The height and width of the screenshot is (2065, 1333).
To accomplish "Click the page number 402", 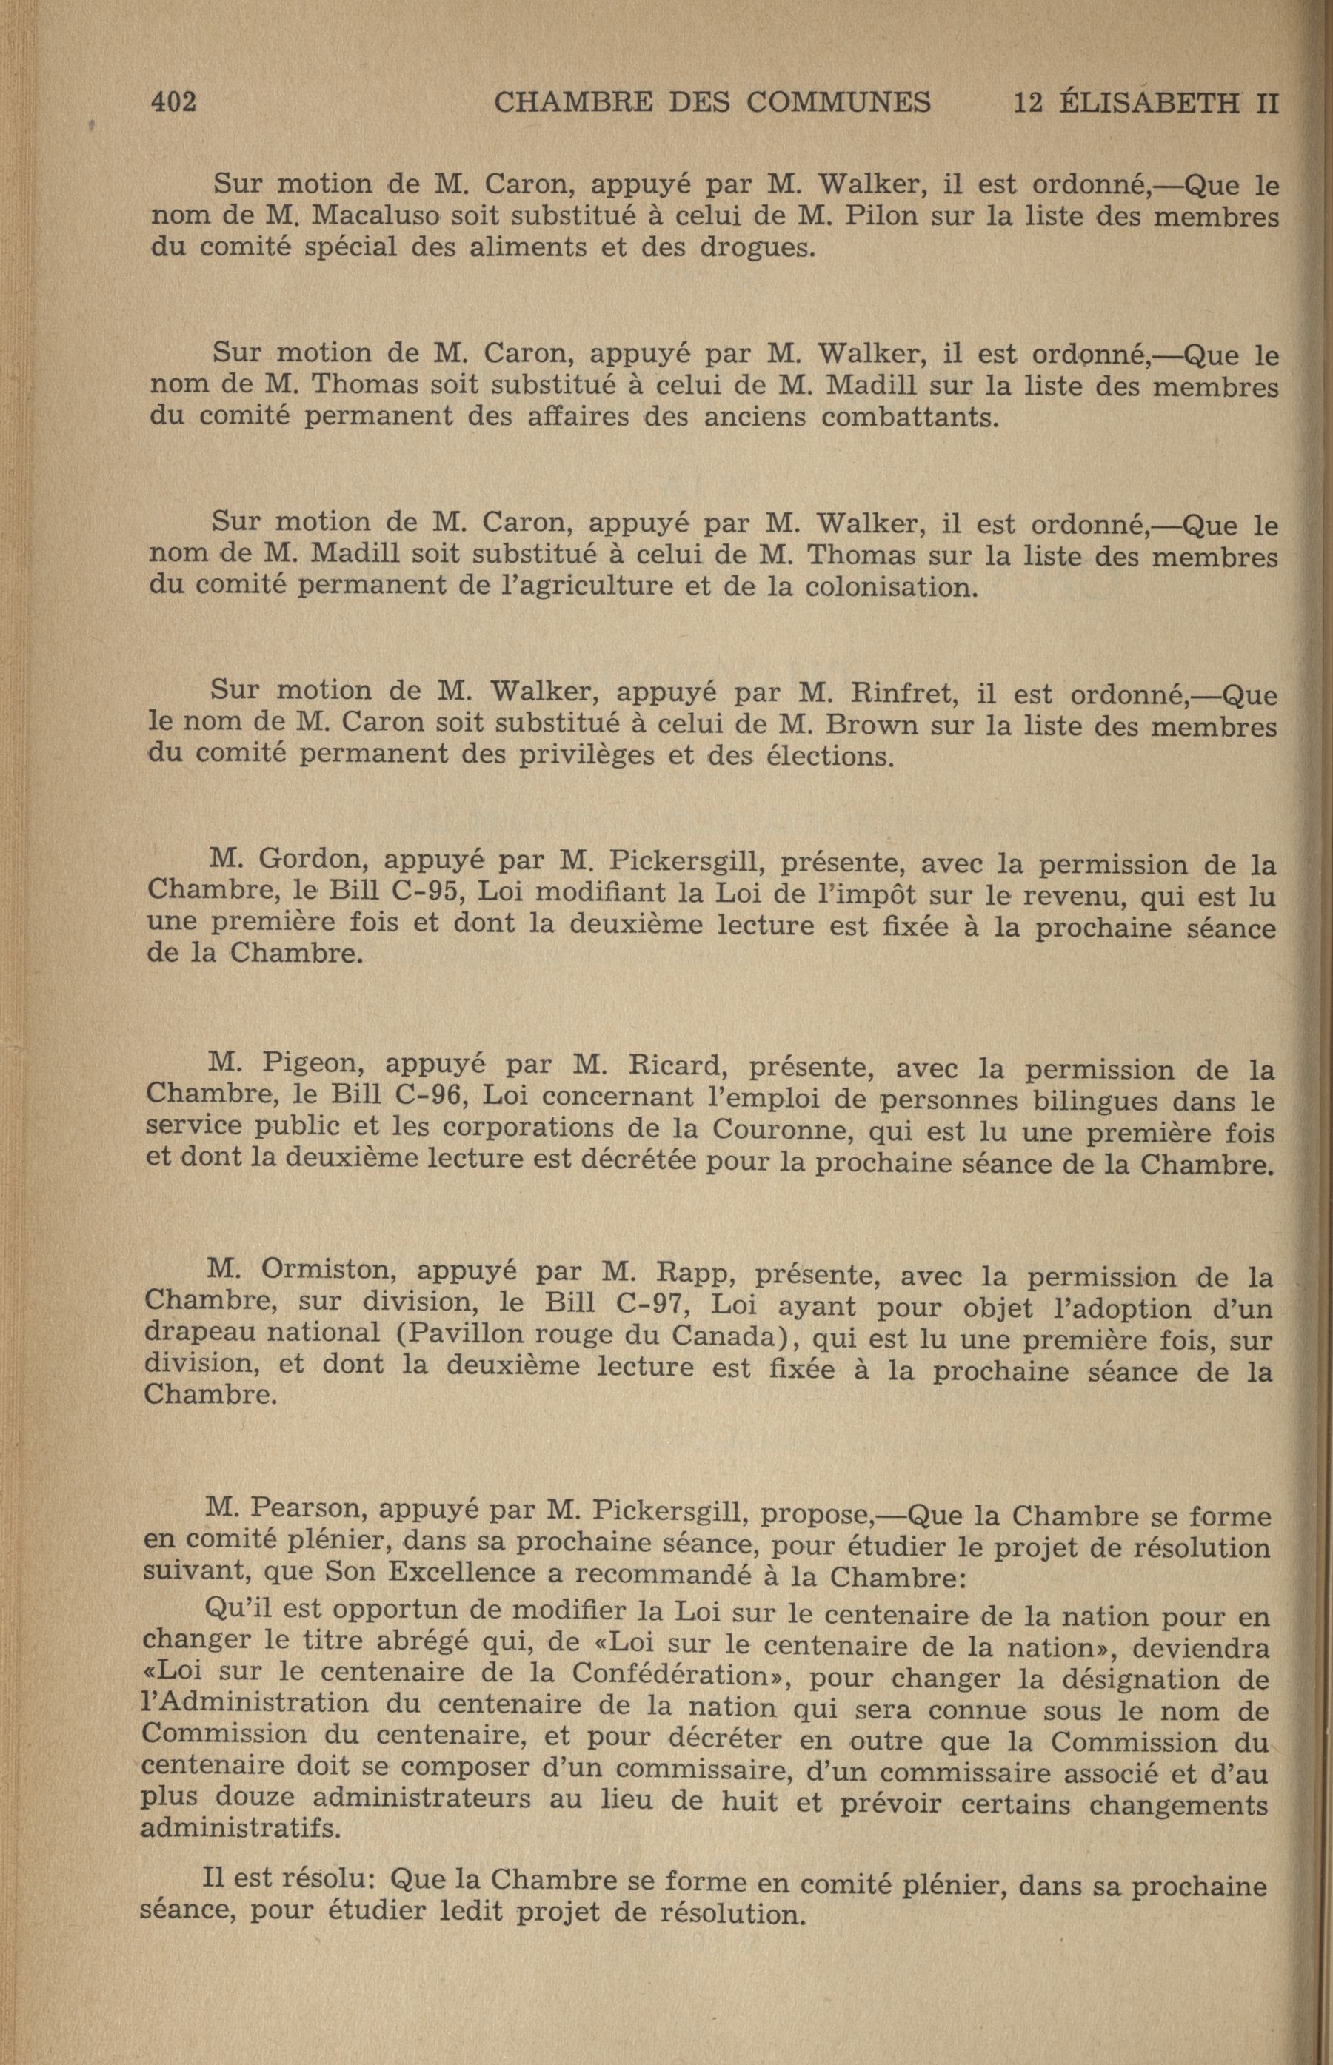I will point(174,102).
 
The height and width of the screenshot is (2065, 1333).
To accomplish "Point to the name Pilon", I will point(880,215).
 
